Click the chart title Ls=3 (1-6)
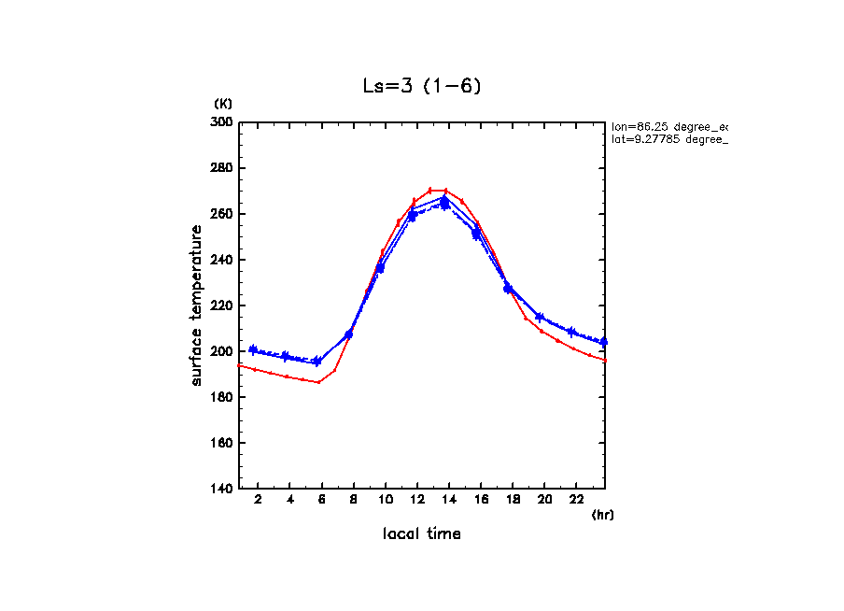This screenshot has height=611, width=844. click(x=422, y=86)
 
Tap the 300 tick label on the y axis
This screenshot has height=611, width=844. click(x=221, y=122)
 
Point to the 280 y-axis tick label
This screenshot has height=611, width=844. click(x=221, y=168)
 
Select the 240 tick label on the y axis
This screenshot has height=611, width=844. click(x=221, y=260)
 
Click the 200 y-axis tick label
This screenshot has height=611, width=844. click(x=221, y=351)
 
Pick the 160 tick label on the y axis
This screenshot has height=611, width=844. click(x=221, y=443)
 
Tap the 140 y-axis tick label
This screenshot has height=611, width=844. click(x=221, y=489)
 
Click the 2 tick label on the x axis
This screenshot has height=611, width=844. click(x=258, y=500)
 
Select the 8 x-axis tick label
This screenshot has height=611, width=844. click(x=353, y=500)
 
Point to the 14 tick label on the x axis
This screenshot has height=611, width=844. click(x=449, y=500)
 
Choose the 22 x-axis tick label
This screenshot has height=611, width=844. click(x=577, y=500)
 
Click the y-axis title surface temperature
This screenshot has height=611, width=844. click(x=197, y=305)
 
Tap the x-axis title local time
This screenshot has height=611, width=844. click(x=422, y=534)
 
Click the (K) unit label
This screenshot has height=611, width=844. click(x=223, y=103)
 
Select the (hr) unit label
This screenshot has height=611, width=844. click(x=602, y=515)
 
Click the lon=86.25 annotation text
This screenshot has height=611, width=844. click(x=668, y=125)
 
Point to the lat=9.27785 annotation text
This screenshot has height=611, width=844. click(x=668, y=139)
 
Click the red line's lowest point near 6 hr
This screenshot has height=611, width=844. click(x=318, y=382)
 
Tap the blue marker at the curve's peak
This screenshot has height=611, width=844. click(x=444, y=201)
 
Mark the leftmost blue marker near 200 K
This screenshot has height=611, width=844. click(x=253, y=349)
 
